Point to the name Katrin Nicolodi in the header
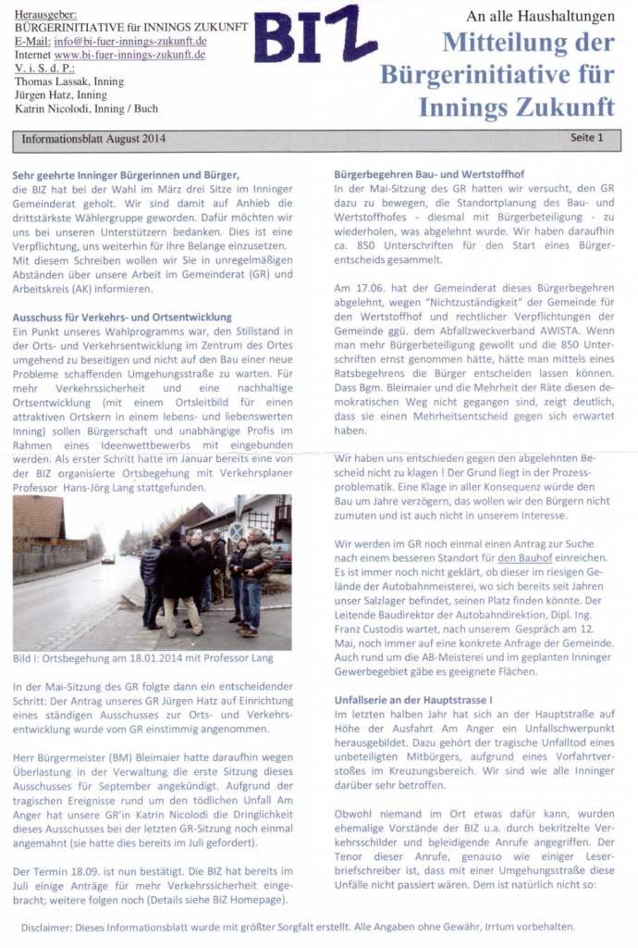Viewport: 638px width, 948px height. click(x=55, y=108)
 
